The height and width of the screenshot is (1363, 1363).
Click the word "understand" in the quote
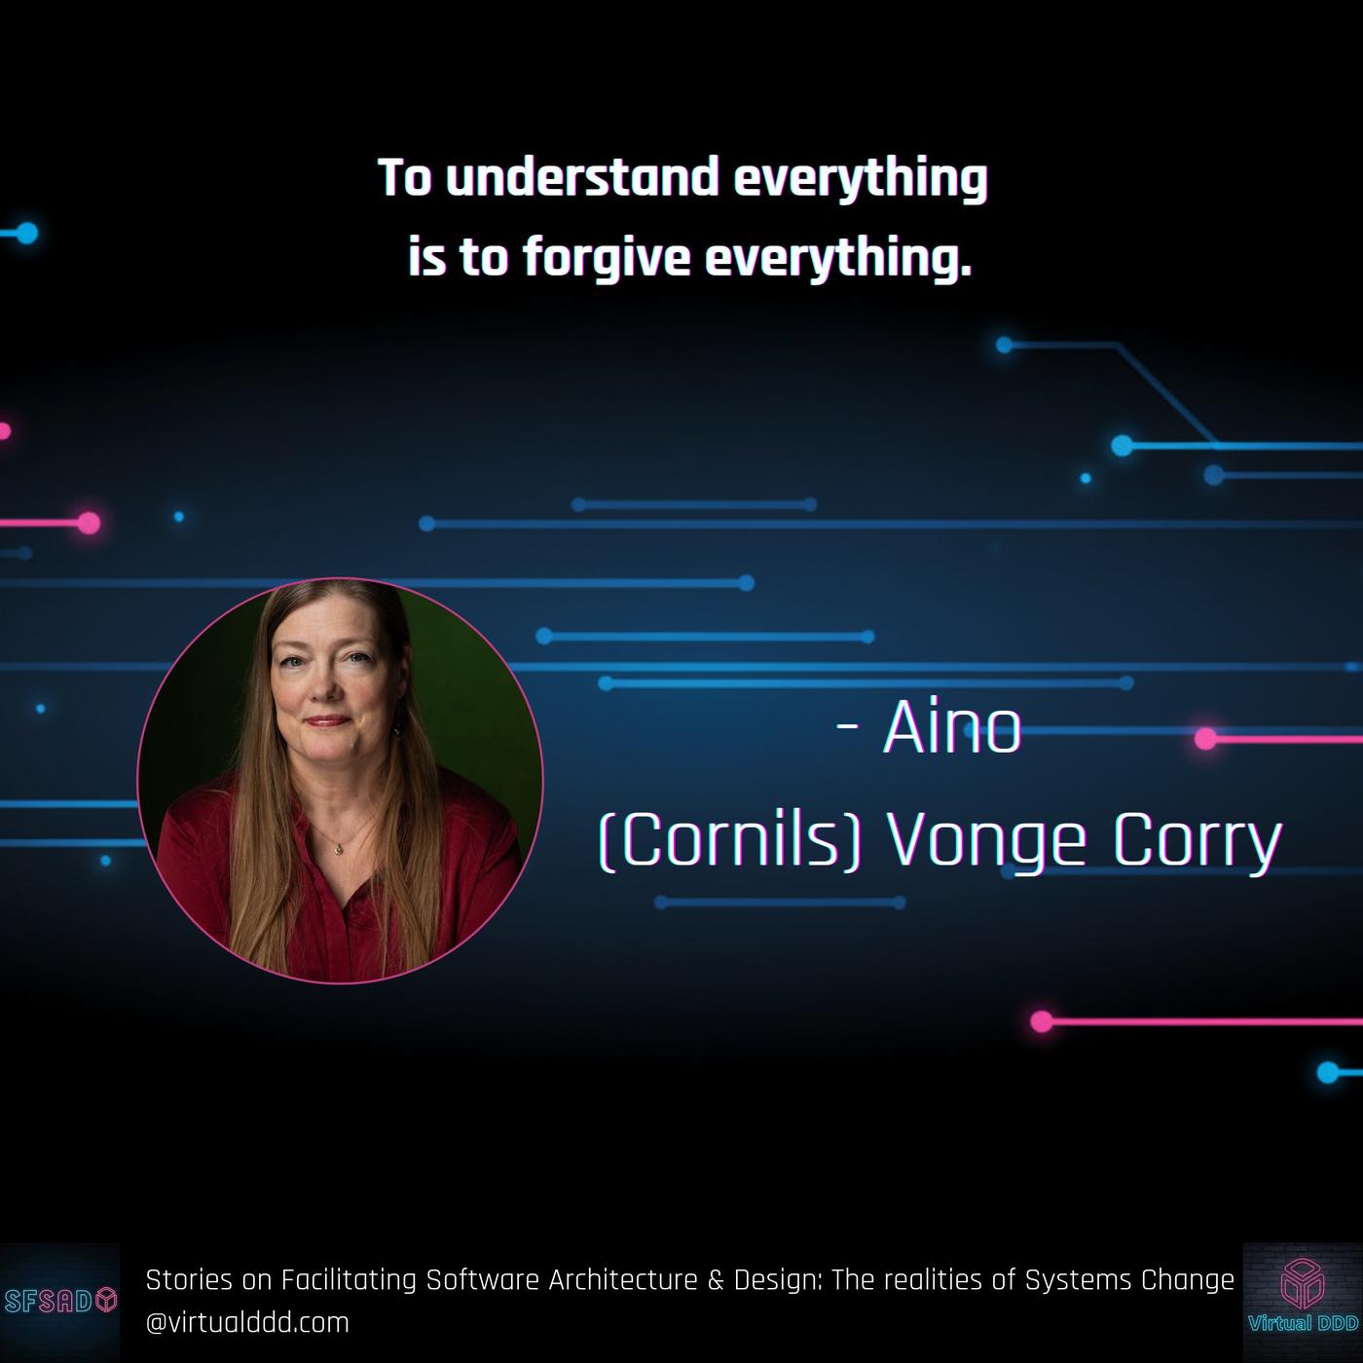(582, 177)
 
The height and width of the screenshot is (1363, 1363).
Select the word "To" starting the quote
(405, 177)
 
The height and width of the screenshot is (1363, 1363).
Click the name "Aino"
(952, 728)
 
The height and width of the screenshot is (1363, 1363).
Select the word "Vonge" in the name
(986, 843)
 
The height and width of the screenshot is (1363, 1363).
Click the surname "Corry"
(1197, 843)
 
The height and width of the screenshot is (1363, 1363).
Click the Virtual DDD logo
(1303, 1303)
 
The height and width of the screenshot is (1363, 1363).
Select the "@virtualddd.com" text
(247, 1323)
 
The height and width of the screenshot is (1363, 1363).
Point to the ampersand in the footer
(716, 1280)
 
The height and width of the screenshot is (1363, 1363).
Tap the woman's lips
(326, 721)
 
